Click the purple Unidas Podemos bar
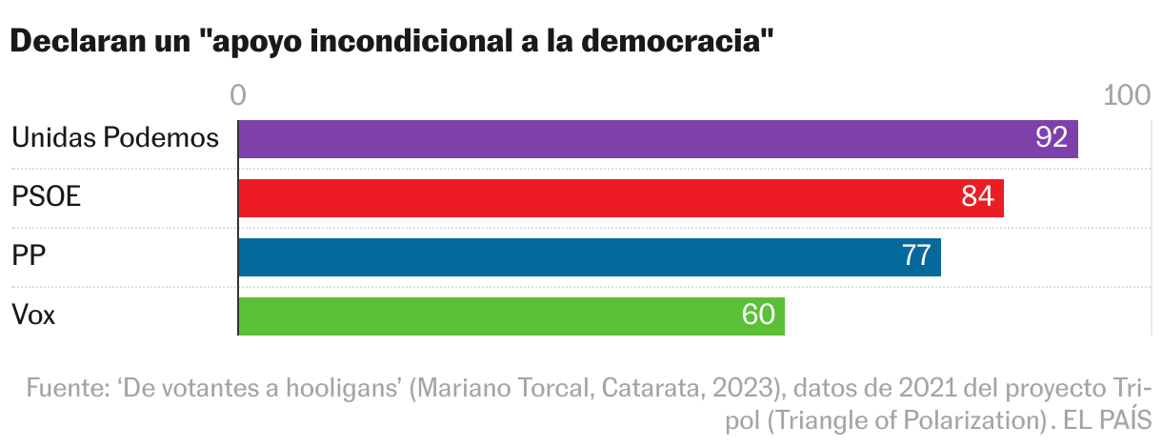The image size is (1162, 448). point(657,139)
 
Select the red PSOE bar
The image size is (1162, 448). point(619,198)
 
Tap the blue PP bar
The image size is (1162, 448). point(589,257)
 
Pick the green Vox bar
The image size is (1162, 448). point(511,316)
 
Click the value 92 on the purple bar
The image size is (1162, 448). point(1051,138)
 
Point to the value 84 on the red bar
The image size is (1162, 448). point(977,197)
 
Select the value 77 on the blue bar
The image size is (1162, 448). point(915,256)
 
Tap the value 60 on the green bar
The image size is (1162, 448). point(758,316)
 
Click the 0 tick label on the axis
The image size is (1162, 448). point(238,95)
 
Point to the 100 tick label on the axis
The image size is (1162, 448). point(1127,95)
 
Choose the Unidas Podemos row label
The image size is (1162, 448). point(115,138)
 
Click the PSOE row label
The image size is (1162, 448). point(46,197)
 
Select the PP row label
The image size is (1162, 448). point(30,256)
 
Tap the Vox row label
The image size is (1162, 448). point(33,316)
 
